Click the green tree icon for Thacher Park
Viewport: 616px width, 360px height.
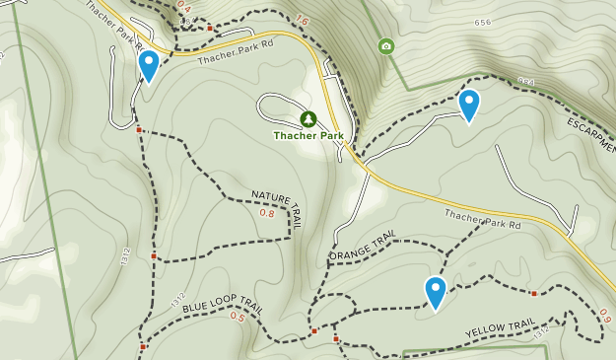(308, 118)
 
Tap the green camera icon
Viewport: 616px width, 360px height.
(385, 45)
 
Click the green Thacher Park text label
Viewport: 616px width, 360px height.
(308, 135)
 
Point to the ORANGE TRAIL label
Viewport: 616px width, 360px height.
(362, 248)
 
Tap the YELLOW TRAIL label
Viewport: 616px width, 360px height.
(500, 327)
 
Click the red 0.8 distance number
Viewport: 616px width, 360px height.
(267, 213)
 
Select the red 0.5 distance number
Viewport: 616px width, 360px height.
(238, 317)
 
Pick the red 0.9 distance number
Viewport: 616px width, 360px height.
(605, 315)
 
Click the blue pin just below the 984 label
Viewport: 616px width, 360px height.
(469, 106)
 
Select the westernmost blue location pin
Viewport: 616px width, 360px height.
(149, 66)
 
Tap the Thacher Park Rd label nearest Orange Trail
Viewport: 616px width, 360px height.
(480, 218)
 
